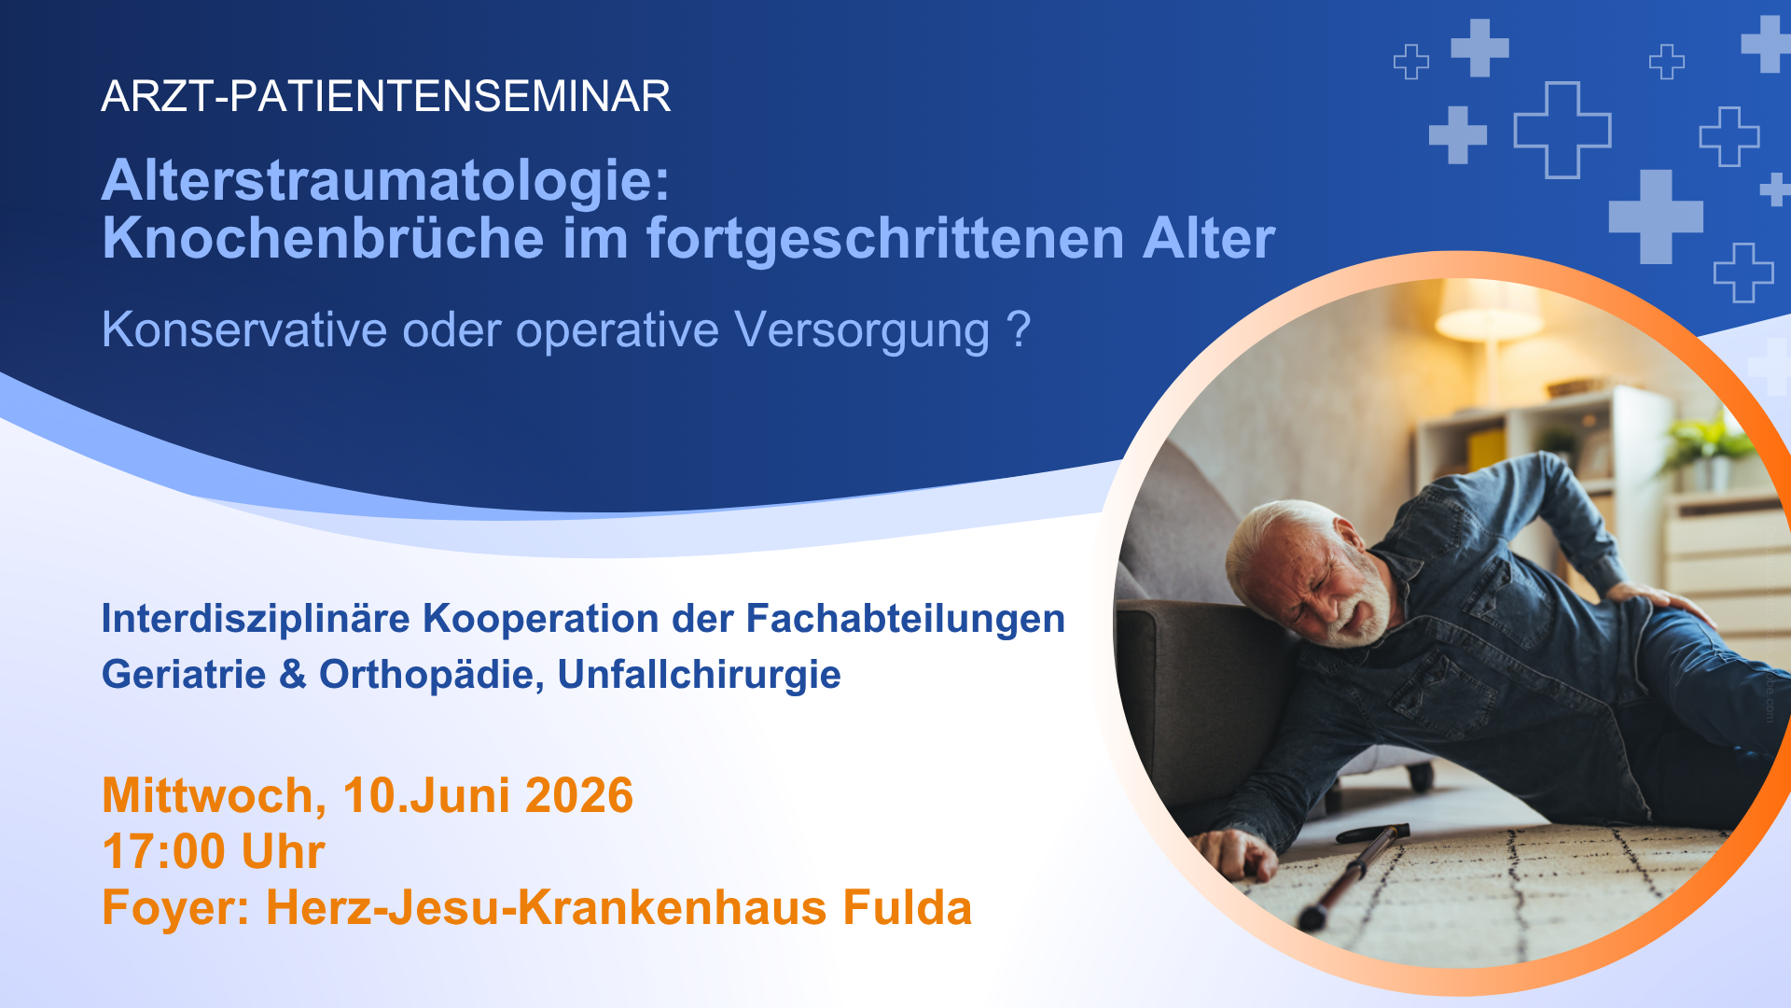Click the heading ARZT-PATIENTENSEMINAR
(x=386, y=96)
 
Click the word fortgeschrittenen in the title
(x=884, y=239)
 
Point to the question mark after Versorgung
(x=1019, y=329)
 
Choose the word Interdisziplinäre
(x=257, y=618)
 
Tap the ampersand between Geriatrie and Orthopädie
(x=293, y=674)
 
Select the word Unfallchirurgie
(x=699, y=674)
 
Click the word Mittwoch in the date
(x=214, y=795)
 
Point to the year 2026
(x=579, y=795)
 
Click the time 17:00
(x=163, y=851)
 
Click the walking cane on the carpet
(x=1354, y=874)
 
